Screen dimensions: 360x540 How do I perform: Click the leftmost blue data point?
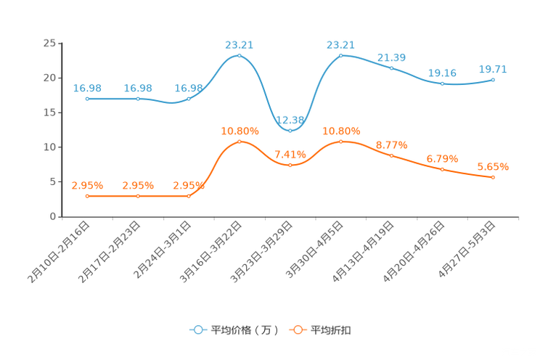(x=87, y=99)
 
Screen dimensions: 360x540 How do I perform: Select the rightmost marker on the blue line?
(x=494, y=79)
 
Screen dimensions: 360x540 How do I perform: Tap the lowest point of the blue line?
(x=290, y=131)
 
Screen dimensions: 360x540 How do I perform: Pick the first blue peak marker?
(x=240, y=55)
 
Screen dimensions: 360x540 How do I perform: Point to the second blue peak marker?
(x=341, y=55)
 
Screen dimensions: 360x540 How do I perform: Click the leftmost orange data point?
(x=87, y=196)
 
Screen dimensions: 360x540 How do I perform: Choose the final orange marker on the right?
(x=494, y=177)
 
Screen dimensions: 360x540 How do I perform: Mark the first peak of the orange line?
(x=240, y=141)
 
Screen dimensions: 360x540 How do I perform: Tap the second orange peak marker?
(x=341, y=141)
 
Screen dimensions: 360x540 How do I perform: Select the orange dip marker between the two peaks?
(x=290, y=165)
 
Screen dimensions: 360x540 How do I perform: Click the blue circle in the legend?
(x=197, y=330)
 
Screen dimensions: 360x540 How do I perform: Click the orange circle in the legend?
(x=297, y=330)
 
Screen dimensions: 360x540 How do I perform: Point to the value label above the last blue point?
(x=493, y=70)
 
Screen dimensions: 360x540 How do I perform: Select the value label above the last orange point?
(x=493, y=167)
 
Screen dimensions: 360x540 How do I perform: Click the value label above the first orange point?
(x=87, y=186)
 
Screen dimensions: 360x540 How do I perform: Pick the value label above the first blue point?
(x=87, y=89)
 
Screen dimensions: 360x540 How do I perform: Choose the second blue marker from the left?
(x=138, y=99)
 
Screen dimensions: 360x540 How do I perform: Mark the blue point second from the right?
(x=443, y=83)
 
